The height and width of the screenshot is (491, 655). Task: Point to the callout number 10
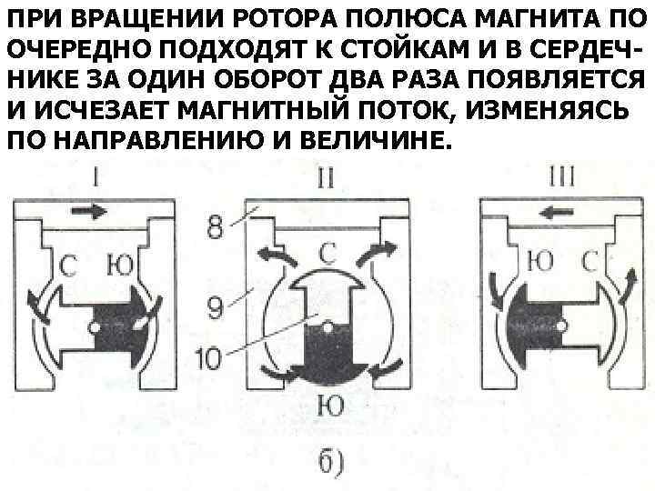point(208,358)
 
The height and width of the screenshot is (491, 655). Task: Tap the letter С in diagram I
point(69,266)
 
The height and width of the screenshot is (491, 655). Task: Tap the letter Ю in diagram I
point(120,266)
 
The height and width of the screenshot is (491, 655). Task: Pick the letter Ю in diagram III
point(540,263)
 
